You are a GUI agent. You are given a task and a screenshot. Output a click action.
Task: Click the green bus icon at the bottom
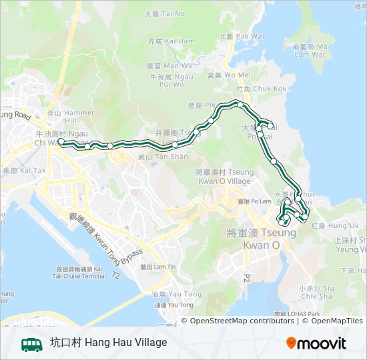coord(31,344)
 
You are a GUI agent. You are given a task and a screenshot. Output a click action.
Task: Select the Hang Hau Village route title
coord(108,343)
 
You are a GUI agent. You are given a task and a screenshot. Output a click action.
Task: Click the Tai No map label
coord(165,13)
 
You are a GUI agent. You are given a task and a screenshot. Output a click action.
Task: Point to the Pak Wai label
coord(242,36)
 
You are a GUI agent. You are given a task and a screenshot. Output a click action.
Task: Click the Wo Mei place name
coord(229,75)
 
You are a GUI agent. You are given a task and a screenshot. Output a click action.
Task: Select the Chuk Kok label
coord(261,88)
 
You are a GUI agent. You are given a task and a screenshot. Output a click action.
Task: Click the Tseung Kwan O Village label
coord(224,177)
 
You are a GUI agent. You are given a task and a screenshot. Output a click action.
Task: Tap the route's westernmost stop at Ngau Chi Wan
coord(61,141)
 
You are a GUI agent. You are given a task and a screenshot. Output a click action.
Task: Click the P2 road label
coord(246,276)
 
